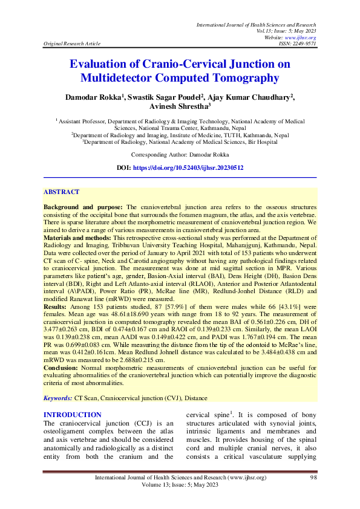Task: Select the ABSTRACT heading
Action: (x=61, y=192)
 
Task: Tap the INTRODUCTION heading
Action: (x=73, y=415)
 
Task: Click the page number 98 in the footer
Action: (x=313, y=478)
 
